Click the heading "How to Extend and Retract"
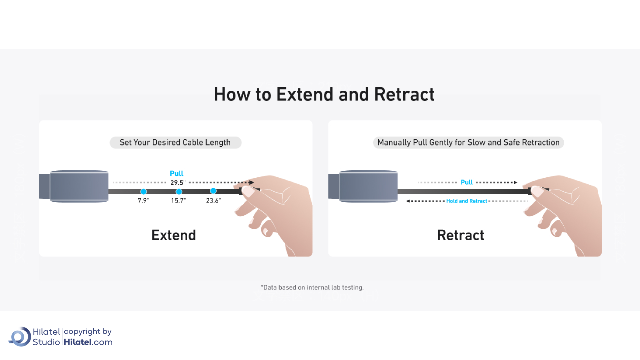pos(324,94)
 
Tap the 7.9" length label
pos(143,201)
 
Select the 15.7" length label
pos(178,201)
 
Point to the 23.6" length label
pos(213,201)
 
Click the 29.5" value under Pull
pos(177,183)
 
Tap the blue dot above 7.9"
pos(143,192)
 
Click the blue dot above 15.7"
pos(179,192)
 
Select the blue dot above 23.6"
pos(213,191)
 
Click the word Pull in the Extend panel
pos(177,174)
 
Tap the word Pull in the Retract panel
pos(467,182)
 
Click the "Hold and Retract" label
pos(467,201)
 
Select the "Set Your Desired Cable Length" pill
pos(175,143)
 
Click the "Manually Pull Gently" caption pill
pos(468,143)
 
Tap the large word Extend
pos(174,235)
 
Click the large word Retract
pos(460,235)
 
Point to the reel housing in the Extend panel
pos(79,186)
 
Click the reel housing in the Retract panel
pos(368,186)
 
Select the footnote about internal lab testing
pos(312,287)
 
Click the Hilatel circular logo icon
pos(20,336)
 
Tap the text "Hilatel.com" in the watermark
pos(88,342)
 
